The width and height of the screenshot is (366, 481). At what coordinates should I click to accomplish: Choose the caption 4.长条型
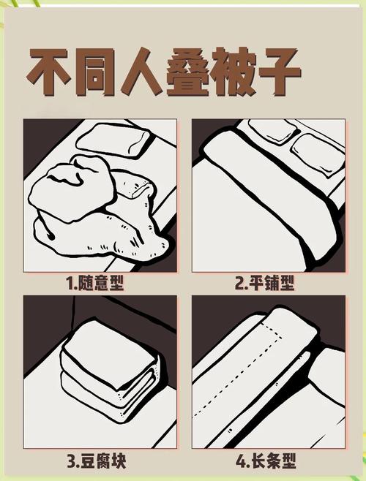click(x=267, y=462)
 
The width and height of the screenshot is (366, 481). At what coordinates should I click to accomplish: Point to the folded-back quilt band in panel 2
click(x=271, y=183)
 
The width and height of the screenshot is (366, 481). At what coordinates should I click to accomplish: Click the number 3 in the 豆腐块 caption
click(x=71, y=462)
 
